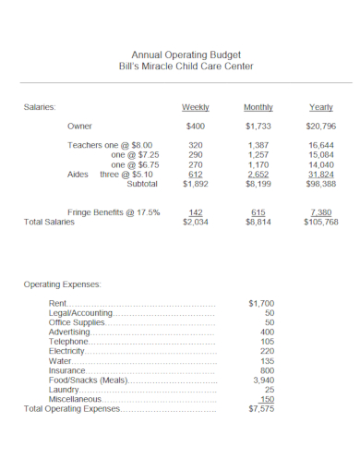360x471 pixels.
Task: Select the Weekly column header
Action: click(x=195, y=107)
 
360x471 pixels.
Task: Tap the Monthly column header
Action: click(x=258, y=107)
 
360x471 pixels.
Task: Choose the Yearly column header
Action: click(x=320, y=107)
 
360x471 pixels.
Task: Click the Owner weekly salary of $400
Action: click(x=195, y=126)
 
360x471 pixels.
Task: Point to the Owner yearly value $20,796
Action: click(x=320, y=126)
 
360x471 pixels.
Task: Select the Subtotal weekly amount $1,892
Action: click(x=195, y=183)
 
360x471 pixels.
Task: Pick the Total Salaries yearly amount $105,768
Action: click(x=320, y=223)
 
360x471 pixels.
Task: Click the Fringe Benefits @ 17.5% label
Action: click(x=114, y=212)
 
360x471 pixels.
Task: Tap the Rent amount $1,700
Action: click(x=261, y=303)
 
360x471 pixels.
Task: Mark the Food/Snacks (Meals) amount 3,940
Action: click(x=263, y=380)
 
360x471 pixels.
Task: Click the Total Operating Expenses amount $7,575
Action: click(x=261, y=408)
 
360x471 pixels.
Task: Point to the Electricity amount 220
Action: click(x=267, y=351)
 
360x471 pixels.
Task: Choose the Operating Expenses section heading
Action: click(x=62, y=284)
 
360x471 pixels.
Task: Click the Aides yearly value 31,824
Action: click(x=320, y=174)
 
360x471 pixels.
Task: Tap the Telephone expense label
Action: click(x=68, y=342)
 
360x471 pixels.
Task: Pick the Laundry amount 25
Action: click(x=269, y=389)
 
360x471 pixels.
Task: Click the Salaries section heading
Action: click(x=40, y=107)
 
